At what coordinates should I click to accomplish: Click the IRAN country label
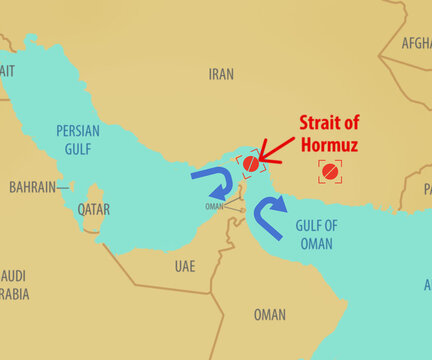click(221, 74)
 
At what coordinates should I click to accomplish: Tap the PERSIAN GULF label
click(78, 138)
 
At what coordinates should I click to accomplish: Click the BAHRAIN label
click(32, 187)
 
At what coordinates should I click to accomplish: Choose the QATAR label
click(93, 209)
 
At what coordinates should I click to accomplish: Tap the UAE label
click(185, 266)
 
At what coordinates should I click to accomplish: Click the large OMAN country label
click(269, 314)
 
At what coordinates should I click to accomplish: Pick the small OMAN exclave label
click(214, 207)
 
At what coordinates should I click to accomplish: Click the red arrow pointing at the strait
click(272, 155)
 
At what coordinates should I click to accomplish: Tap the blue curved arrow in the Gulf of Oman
click(267, 215)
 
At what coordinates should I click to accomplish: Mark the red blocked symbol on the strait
click(250, 162)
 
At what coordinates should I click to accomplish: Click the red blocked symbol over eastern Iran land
click(330, 171)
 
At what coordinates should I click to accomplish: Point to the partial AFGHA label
click(415, 44)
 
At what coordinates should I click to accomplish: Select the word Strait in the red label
click(330, 123)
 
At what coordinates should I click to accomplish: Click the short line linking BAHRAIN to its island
click(65, 187)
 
